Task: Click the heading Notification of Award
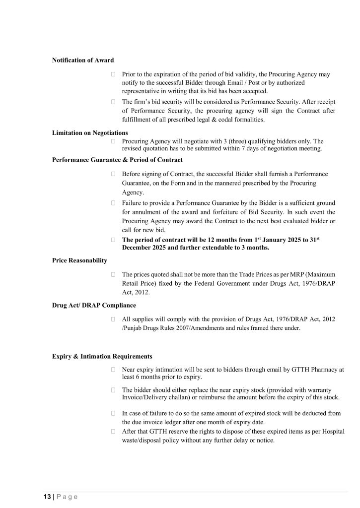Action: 83,61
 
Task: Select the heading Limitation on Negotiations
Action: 90,133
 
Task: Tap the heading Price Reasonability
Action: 79,260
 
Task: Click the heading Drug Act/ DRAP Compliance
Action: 94,305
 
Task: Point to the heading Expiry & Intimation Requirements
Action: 102,357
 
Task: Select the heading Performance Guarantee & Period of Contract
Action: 117,160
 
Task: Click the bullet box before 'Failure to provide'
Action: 114,203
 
